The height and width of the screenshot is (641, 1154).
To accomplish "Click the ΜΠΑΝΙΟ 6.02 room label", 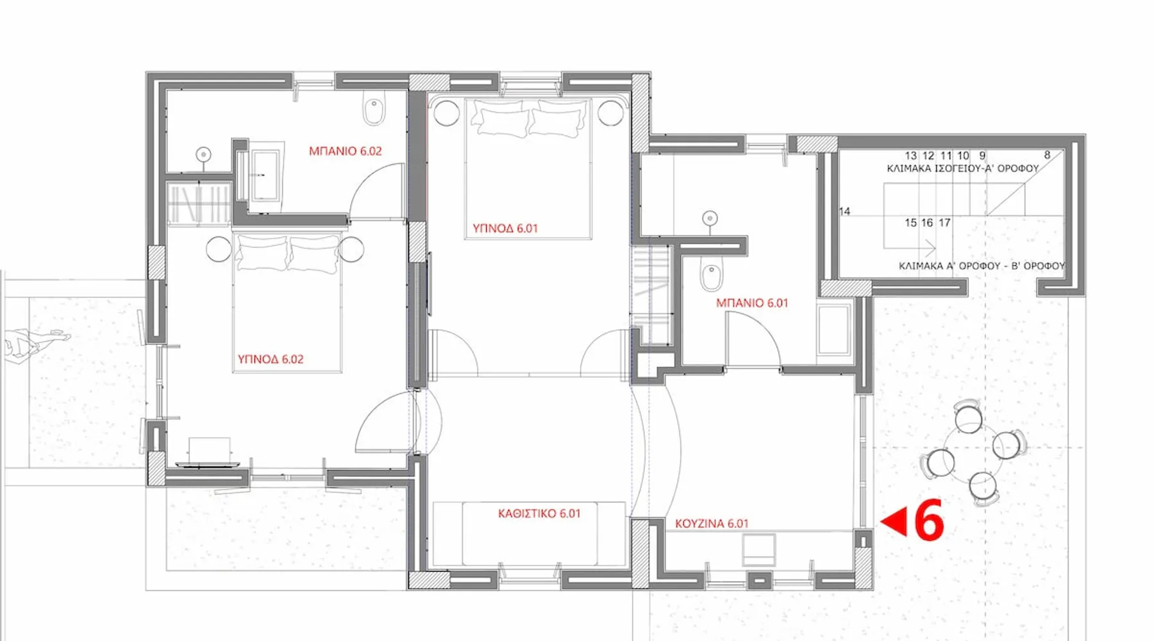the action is (345, 151).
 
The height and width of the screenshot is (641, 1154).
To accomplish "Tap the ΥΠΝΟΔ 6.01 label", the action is (505, 228).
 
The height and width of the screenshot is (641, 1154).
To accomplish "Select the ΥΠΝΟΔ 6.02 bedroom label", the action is (271, 360).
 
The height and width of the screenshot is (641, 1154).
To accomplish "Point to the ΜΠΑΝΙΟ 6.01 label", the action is (752, 303).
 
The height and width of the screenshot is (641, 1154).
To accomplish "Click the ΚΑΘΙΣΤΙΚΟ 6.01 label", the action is (539, 513).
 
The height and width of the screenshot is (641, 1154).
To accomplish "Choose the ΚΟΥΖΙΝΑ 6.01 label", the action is (712, 524).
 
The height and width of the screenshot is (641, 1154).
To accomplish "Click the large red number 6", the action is (928, 520).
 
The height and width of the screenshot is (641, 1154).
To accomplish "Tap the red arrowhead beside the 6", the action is (894, 521).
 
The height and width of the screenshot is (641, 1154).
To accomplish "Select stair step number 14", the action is (844, 212).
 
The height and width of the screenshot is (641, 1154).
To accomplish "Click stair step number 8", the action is (1048, 155).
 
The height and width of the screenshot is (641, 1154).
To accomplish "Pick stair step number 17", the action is (944, 223).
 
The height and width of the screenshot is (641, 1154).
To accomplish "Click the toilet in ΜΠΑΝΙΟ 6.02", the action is (374, 111).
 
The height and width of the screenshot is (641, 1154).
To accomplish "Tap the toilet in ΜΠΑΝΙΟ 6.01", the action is (711, 275).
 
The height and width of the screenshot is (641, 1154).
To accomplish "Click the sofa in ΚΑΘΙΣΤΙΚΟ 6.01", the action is (529, 534).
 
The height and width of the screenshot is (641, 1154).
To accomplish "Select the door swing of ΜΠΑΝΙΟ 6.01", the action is (753, 340).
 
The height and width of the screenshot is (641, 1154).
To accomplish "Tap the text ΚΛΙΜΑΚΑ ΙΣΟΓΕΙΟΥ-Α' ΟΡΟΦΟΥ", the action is (962, 169).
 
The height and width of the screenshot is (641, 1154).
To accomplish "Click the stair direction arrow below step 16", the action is (910, 248).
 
